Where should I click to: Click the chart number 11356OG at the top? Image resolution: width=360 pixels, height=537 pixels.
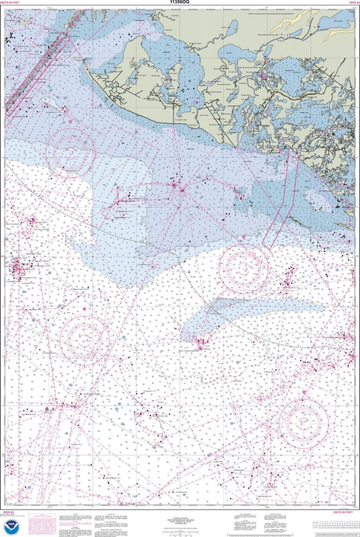coord(180,4)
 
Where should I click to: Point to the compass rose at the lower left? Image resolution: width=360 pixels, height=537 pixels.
coord(83,339)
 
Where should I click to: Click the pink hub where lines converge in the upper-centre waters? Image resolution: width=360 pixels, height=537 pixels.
coord(178,188)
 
